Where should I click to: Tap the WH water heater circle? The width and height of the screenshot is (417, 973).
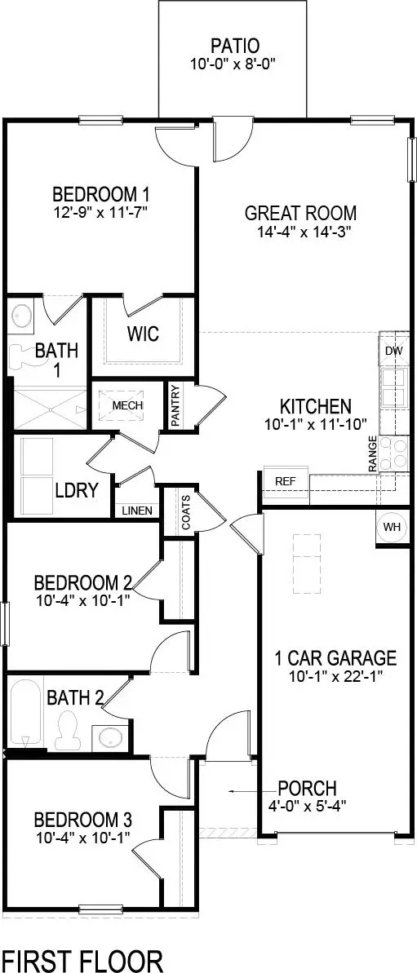point(392,526)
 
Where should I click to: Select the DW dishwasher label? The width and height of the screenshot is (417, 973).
point(393,352)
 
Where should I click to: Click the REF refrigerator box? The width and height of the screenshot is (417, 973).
point(285,481)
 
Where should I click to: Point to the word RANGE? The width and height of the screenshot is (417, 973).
point(373,453)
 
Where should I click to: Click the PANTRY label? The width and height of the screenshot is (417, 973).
point(175,405)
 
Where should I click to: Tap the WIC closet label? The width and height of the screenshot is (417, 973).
point(142,334)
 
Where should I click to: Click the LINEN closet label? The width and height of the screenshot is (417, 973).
point(136,511)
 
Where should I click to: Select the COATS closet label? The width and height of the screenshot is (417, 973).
point(186,511)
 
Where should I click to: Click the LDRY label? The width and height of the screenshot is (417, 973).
point(77,490)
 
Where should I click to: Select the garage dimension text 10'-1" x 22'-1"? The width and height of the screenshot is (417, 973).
point(335,675)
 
